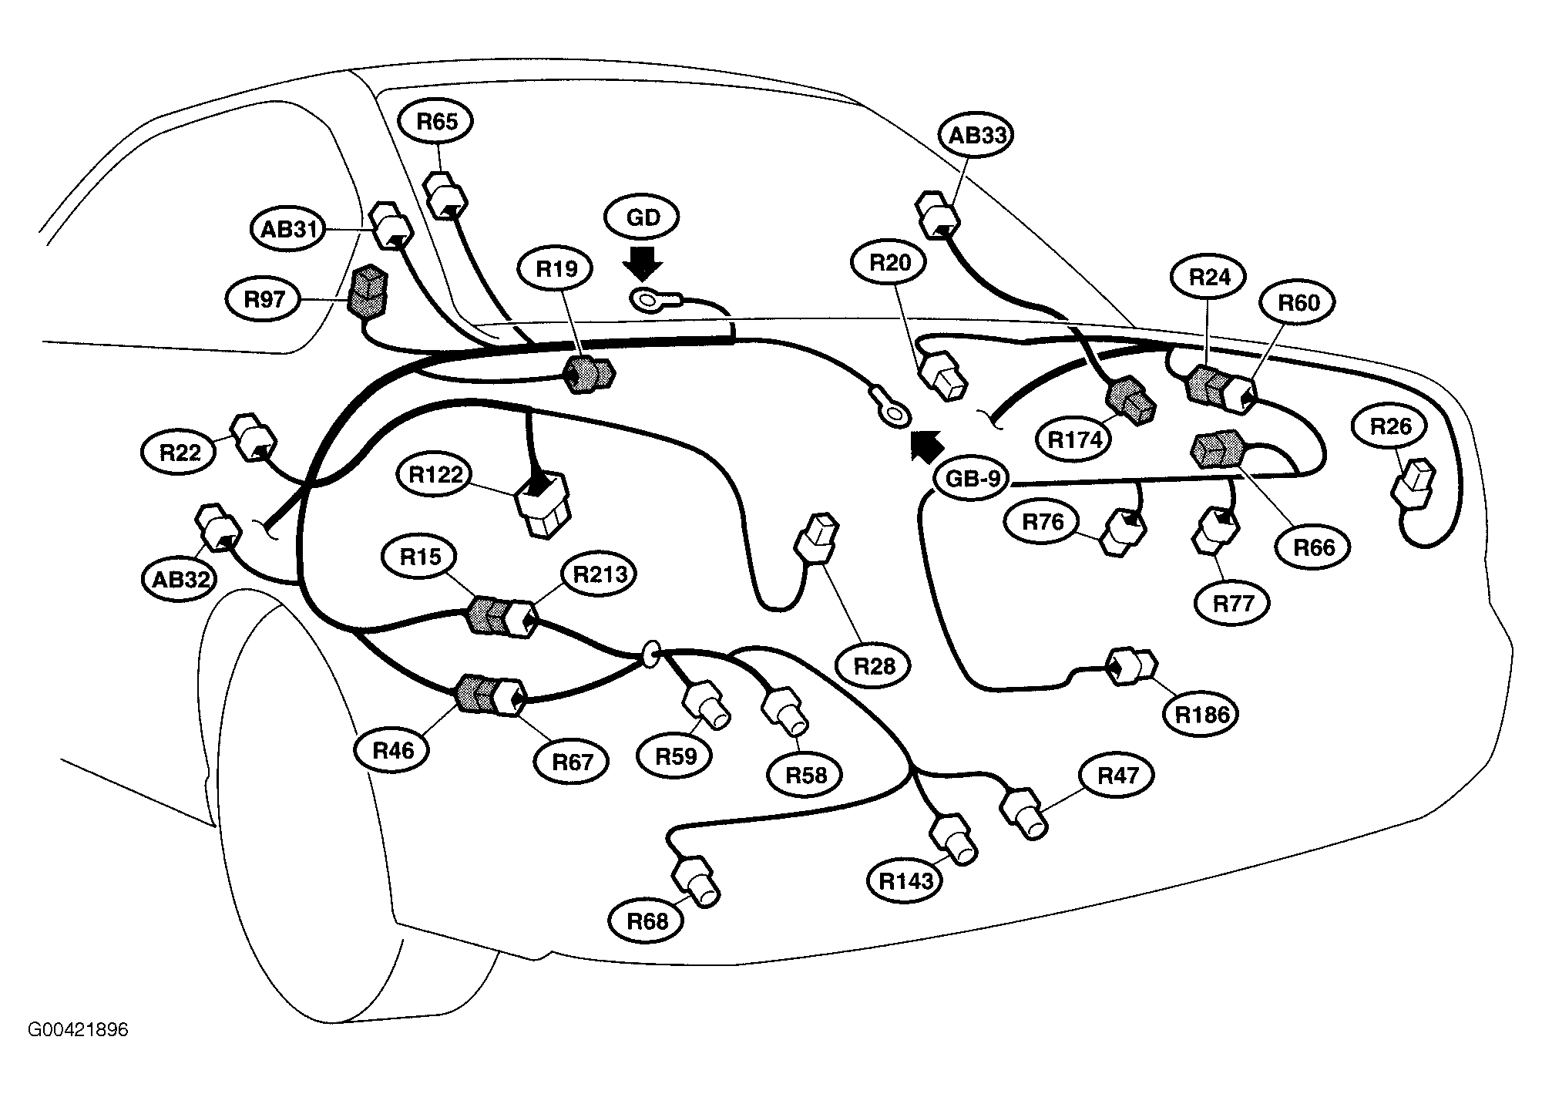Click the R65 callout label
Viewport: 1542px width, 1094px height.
click(x=437, y=122)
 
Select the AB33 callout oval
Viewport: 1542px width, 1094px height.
click(x=976, y=136)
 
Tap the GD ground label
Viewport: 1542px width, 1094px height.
click(x=643, y=218)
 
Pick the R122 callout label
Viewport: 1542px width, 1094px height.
click(x=435, y=475)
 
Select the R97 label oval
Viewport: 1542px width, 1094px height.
click(x=264, y=299)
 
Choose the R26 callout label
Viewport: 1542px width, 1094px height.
click(x=1392, y=426)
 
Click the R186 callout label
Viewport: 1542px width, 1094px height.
click(x=1202, y=715)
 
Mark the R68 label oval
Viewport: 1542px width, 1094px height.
click(x=647, y=921)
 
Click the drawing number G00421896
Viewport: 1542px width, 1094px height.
click(x=78, y=1030)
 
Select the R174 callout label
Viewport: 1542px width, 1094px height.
click(x=1076, y=439)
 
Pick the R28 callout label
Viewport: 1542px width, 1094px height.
click(x=875, y=665)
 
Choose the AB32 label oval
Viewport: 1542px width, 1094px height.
click(x=180, y=578)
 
